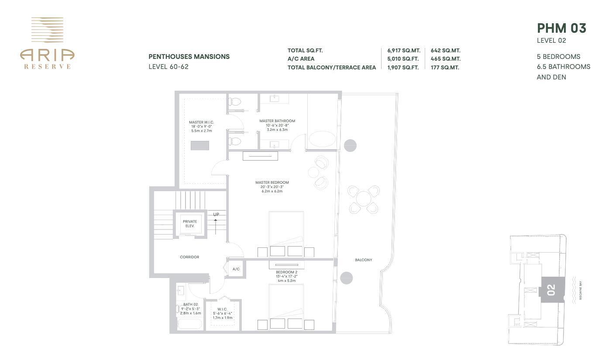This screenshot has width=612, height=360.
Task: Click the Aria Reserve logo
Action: [x=47, y=43]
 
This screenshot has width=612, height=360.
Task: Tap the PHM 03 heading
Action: [x=561, y=28]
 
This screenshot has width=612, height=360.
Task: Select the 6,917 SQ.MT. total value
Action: [x=403, y=51]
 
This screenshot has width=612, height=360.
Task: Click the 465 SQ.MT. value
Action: [x=445, y=59]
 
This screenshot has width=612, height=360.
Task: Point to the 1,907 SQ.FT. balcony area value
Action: [x=402, y=68]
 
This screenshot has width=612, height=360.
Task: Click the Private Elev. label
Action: [x=190, y=224]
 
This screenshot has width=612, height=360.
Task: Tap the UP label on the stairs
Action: [x=216, y=214]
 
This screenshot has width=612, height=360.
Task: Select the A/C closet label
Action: [x=236, y=269]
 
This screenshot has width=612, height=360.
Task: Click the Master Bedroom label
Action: [x=272, y=182]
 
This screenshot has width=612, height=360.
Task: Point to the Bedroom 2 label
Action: [x=286, y=272]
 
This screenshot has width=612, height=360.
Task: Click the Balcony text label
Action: [x=363, y=260]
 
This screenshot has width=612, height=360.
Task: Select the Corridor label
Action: [x=189, y=257]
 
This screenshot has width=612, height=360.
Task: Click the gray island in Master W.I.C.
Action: [x=199, y=145]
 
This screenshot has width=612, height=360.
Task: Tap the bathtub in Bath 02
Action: [x=189, y=325]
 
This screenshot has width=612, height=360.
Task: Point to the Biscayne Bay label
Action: [x=581, y=290]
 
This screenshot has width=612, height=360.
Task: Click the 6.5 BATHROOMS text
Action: [x=563, y=67]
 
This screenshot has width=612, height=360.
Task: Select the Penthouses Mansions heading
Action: [x=189, y=57]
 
